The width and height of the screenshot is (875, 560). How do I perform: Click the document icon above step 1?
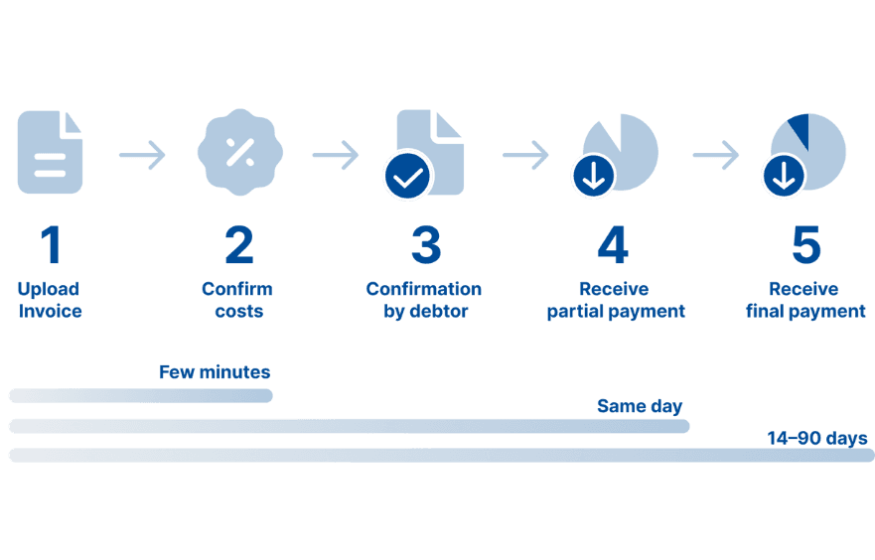[x=50, y=152]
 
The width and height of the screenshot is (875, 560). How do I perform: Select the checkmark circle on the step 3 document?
[x=408, y=177]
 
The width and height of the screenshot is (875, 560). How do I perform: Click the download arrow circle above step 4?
[x=593, y=177]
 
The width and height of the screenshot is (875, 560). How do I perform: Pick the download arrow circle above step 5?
[x=784, y=177]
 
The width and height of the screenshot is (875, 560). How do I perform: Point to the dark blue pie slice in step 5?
[x=799, y=129]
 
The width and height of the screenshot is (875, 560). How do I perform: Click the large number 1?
[x=50, y=245]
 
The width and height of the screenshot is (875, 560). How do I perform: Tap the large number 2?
[x=238, y=245]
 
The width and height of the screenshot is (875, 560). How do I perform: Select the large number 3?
[x=425, y=245]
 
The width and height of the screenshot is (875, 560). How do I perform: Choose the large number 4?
[x=613, y=245]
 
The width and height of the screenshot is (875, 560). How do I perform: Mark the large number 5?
[x=805, y=245]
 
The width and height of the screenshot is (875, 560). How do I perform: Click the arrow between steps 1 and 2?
[x=142, y=155]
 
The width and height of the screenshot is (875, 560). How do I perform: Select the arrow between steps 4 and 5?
[x=715, y=155]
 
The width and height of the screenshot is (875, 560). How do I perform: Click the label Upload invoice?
[x=49, y=300]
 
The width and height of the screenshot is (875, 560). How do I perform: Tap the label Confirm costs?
[x=237, y=300]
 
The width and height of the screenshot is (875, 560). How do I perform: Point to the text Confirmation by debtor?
[x=424, y=300]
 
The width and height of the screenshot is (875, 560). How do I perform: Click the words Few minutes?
[x=215, y=372]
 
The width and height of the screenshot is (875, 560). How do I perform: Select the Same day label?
[x=640, y=406]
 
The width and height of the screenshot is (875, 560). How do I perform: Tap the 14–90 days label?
[x=816, y=438]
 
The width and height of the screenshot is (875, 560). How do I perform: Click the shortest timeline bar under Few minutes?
[x=140, y=396]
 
